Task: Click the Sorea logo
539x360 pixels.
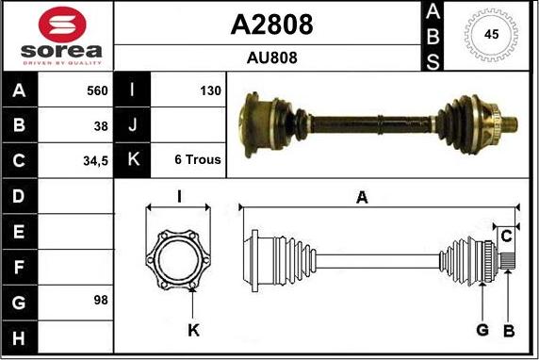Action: (57, 37)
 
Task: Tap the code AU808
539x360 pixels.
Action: (271, 57)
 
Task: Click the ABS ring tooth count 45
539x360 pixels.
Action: (490, 35)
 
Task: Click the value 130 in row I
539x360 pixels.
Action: (210, 91)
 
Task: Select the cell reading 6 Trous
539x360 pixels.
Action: (198, 160)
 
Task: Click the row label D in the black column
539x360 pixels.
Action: (20, 196)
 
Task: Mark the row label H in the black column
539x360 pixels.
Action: (20, 336)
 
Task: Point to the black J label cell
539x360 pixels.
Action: (132, 125)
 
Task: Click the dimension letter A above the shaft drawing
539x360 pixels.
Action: (361, 197)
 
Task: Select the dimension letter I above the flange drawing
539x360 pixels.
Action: (179, 196)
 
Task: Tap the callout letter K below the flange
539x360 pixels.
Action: (193, 330)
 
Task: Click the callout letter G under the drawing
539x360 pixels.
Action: (482, 330)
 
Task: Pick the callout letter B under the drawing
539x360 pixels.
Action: (509, 330)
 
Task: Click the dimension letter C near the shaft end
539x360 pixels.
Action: (506, 235)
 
